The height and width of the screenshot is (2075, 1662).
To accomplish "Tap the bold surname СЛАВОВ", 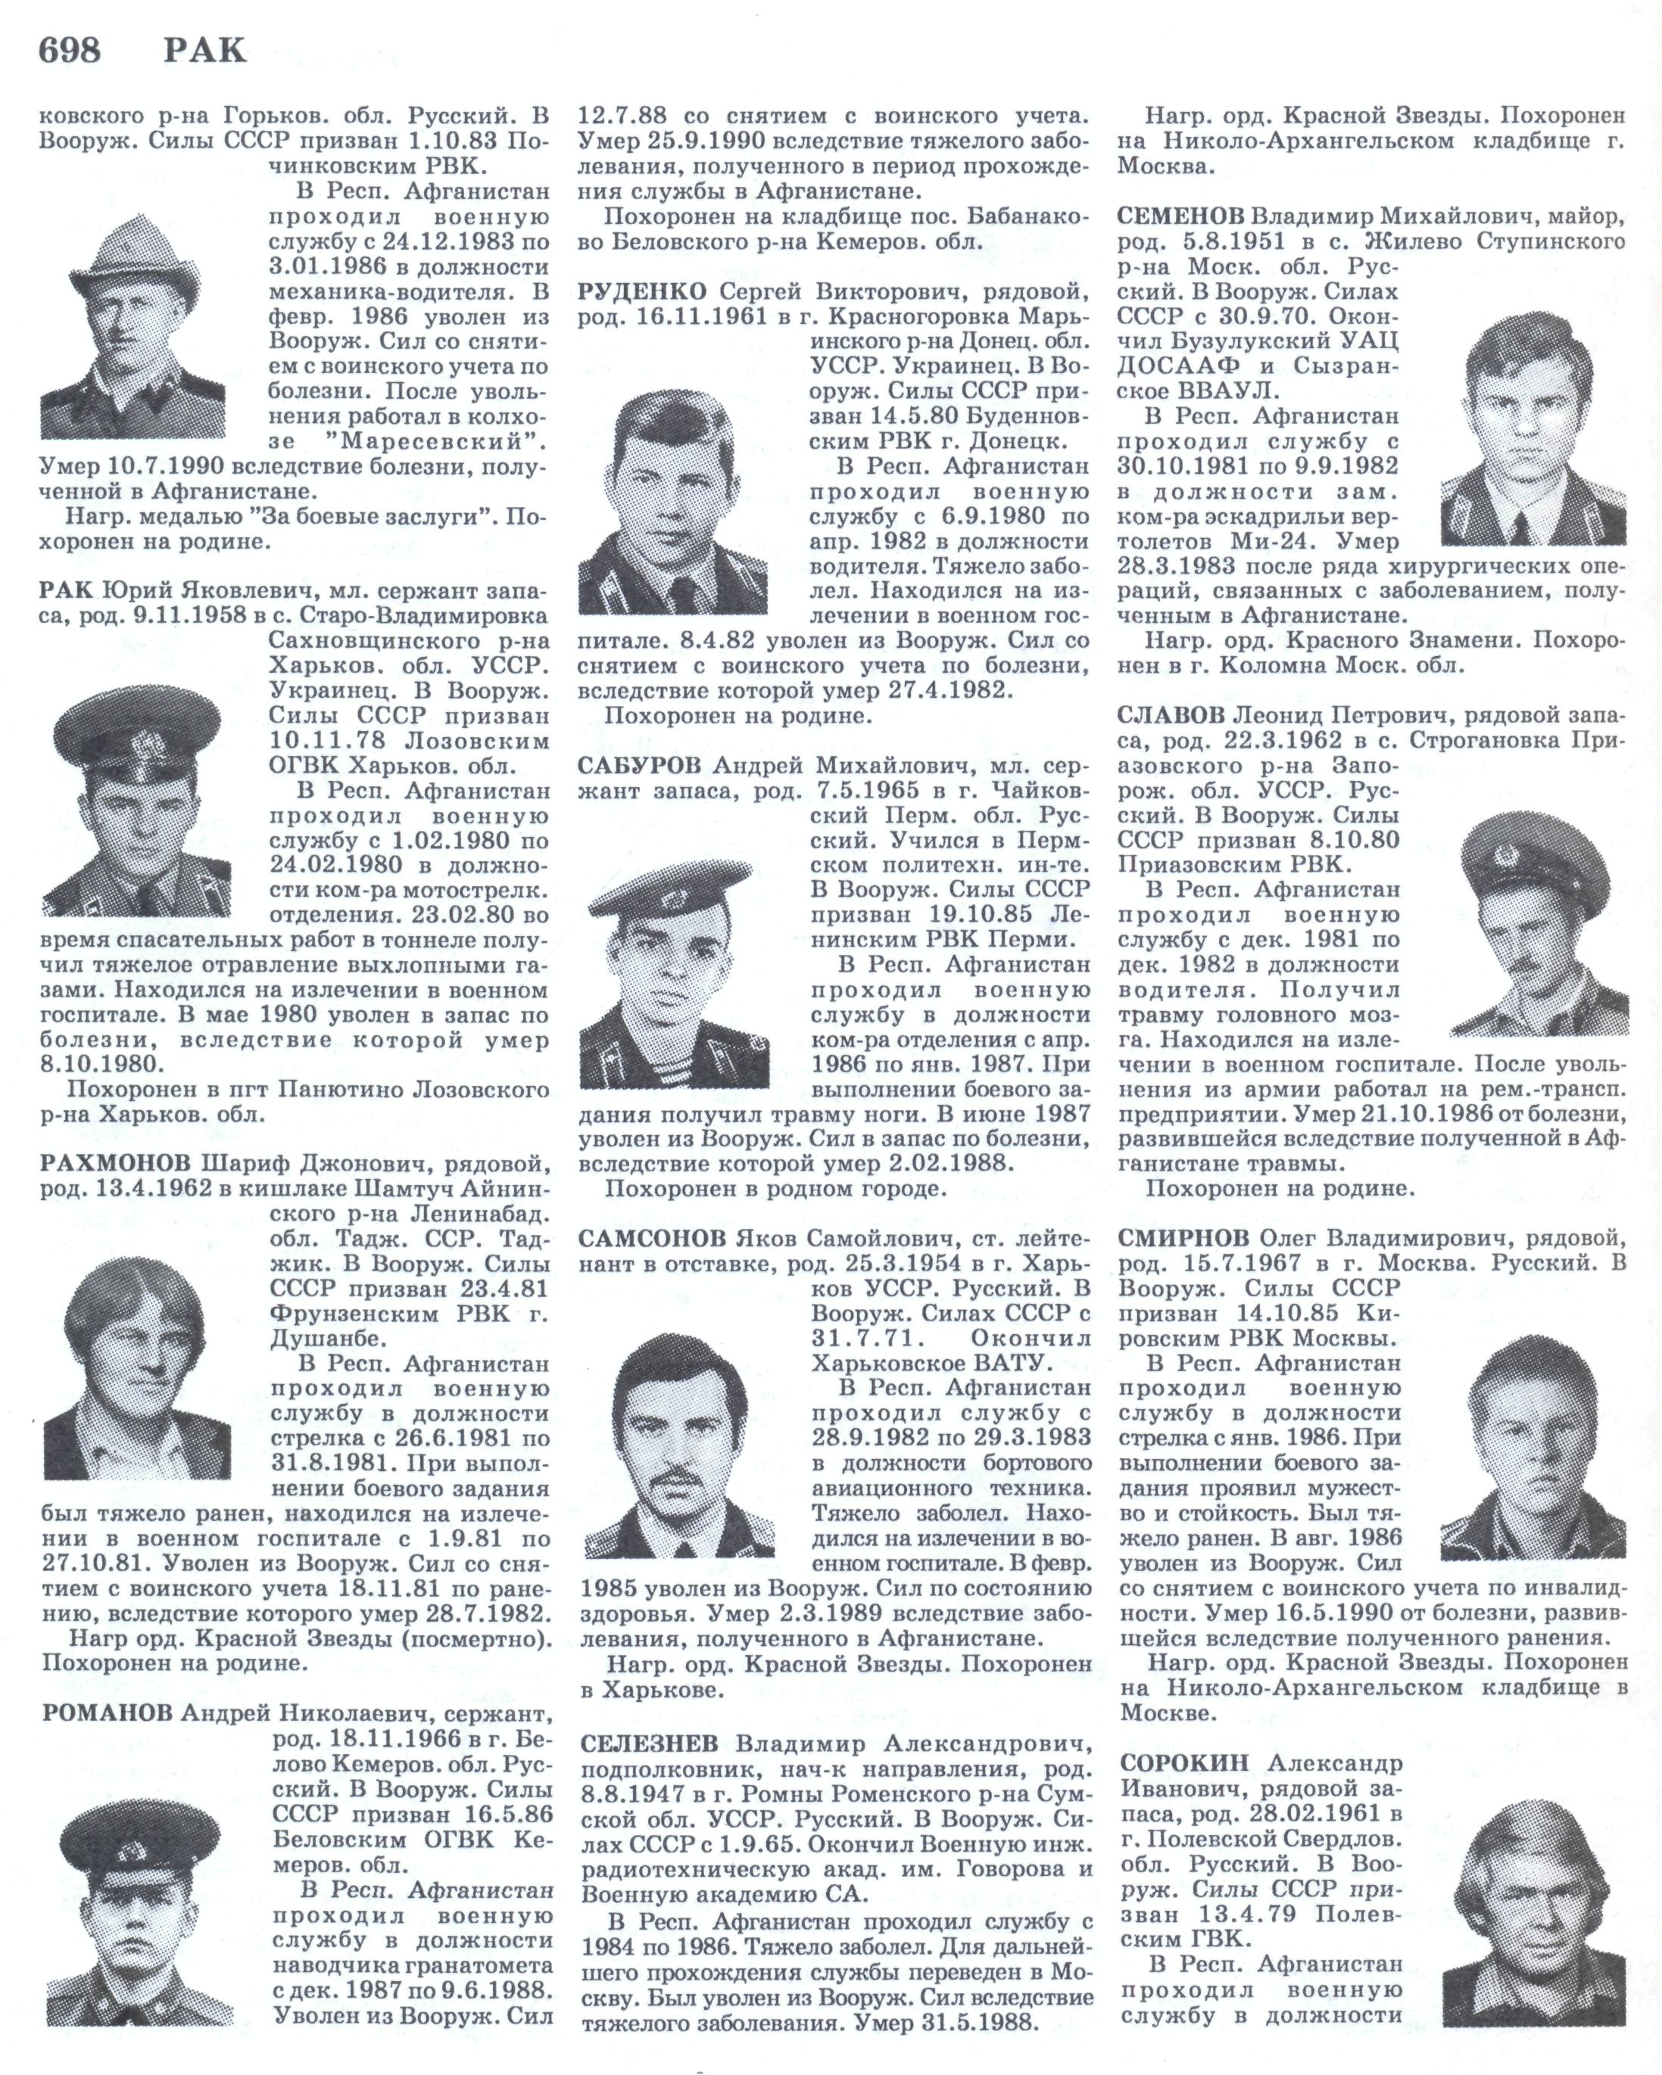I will [1171, 715].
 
